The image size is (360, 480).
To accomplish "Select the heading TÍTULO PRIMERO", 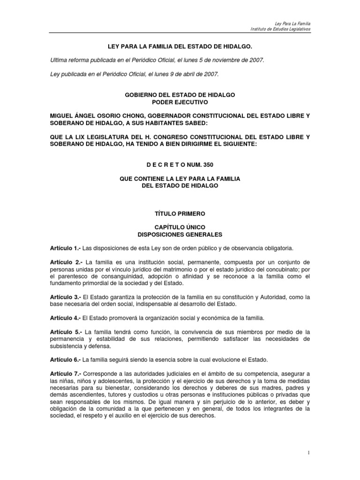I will pos(180,213).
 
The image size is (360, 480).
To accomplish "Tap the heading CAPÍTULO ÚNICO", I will pos(180,227).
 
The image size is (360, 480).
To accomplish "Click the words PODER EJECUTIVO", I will pos(180,101).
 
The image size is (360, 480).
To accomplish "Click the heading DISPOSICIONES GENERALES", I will pos(180,233).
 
